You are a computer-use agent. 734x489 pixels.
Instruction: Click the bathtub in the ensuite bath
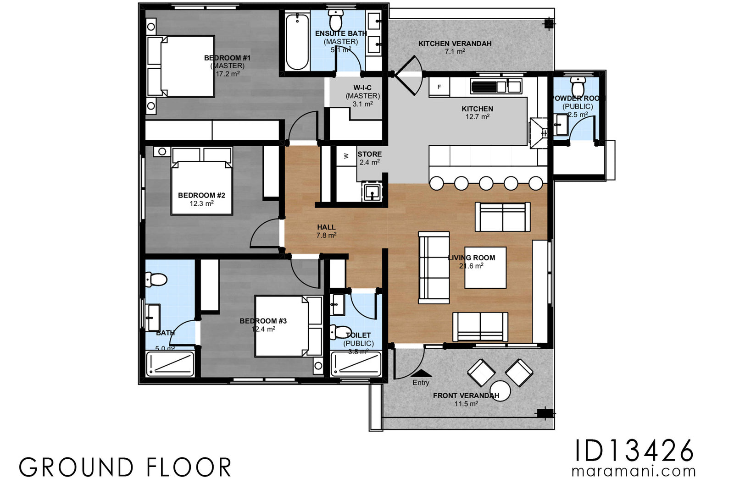(x=297, y=42)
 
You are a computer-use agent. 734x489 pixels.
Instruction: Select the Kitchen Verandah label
(x=455, y=44)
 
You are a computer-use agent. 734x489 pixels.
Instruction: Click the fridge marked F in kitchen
(x=439, y=87)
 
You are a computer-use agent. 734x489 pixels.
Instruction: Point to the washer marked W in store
(x=346, y=156)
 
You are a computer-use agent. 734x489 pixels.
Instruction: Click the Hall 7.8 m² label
(x=326, y=231)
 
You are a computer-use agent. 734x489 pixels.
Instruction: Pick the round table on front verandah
(x=500, y=390)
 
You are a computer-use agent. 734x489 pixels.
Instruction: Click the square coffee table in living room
(x=485, y=268)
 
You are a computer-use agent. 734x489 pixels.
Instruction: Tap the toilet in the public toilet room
(x=339, y=331)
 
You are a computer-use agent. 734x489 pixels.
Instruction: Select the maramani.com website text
(x=634, y=471)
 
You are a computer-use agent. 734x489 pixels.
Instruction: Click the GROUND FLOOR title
(x=125, y=467)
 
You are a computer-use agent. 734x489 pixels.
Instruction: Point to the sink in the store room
(x=372, y=192)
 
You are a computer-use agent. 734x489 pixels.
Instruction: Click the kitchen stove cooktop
(x=487, y=87)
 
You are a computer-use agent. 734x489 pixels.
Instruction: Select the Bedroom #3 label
(x=263, y=321)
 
